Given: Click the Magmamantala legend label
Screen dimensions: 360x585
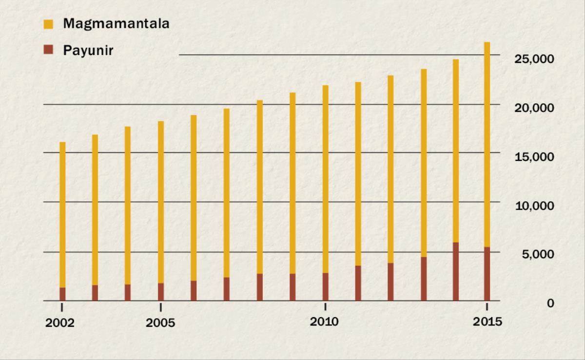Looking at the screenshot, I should click(x=116, y=23).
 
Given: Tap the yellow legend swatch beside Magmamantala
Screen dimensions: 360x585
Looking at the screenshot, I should click(x=48, y=23).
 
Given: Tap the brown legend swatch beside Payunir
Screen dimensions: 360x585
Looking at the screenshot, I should click(x=48, y=50).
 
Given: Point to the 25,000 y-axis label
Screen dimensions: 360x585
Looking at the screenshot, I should click(x=534, y=59).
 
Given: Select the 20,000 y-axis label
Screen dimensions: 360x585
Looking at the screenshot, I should click(x=534, y=108).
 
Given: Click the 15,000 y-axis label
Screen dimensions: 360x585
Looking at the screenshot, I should click(x=534, y=157).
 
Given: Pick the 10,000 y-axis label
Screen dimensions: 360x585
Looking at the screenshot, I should click(x=534, y=206).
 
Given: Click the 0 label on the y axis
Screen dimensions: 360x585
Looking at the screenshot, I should click(x=550, y=303).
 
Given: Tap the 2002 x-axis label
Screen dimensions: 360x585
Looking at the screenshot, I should click(x=60, y=323).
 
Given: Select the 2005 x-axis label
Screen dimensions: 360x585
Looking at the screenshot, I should click(x=160, y=323).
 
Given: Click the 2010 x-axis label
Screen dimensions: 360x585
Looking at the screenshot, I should click(x=324, y=322).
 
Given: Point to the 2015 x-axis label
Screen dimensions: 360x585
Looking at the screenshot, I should click(x=487, y=322).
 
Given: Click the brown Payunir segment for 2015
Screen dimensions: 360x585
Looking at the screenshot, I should click(x=487, y=274).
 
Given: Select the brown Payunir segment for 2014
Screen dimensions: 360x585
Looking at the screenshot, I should click(x=455, y=271).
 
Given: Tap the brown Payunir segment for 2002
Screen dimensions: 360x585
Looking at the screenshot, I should click(x=62, y=294).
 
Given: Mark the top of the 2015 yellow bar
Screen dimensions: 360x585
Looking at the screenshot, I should click(x=487, y=43).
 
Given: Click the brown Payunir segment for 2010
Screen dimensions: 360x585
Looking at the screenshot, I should click(x=325, y=287).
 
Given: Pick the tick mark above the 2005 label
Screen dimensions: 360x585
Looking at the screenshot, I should click(x=161, y=307).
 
